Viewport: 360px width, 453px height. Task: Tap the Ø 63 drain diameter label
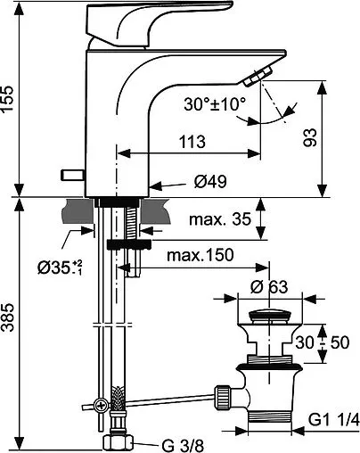point(268,287)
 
